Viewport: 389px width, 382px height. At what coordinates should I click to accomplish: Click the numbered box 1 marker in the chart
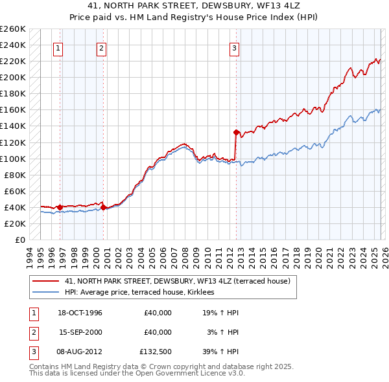pyautogui.click(x=58, y=47)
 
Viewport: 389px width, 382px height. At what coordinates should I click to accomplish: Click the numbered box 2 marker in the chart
pyautogui.click(x=102, y=47)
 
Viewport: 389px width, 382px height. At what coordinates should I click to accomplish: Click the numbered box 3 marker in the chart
pyautogui.click(x=234, y=47)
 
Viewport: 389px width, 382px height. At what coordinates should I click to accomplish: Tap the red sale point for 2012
pyautogui.click(x=236, y=132)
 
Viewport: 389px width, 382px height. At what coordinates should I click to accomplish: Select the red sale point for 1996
pyautogui.click(x=60, y=207)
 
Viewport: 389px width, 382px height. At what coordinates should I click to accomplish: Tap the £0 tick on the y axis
pyautogui.click(x=19, y=240)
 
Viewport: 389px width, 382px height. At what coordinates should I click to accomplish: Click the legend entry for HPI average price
pyautogui.click(x=143, y=293)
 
